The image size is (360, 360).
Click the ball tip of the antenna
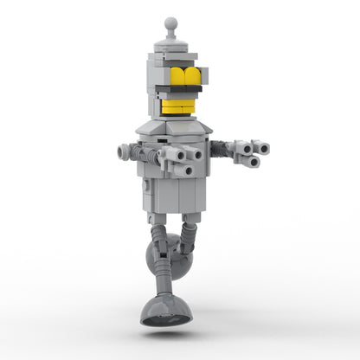[x=170, y=22]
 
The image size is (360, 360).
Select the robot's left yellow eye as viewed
[x=180, y=75]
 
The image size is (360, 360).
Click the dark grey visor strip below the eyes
[x=184, y=89]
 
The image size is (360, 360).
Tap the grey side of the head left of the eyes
[x=157, y=78]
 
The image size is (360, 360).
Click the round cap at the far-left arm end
[x=122, y=152]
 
